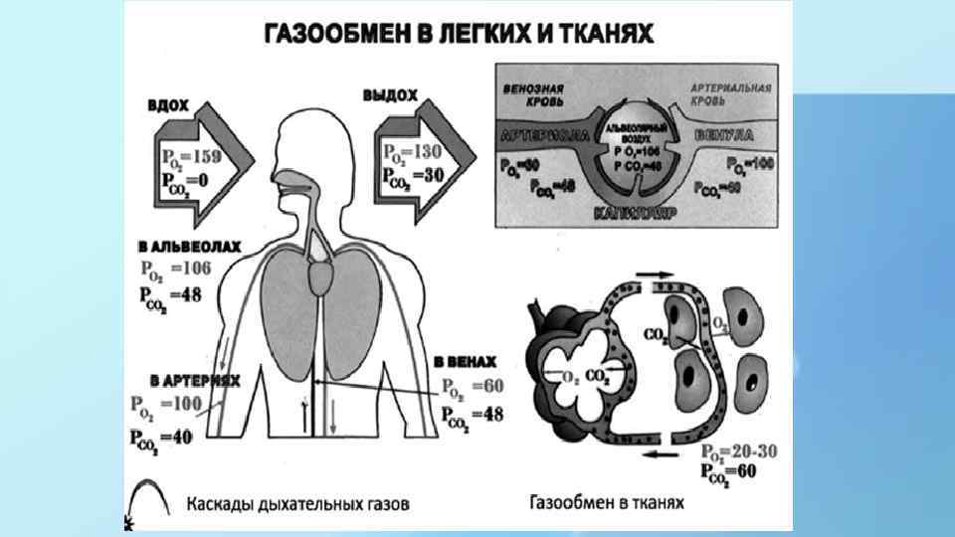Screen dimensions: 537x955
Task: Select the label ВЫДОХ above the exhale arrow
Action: pyautogui.click(x=389, y=94)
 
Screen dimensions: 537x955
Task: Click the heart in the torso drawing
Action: pyautogui.click(x=324, y=271)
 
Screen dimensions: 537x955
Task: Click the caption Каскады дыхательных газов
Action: pyautogui.click(x=297, y=503)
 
